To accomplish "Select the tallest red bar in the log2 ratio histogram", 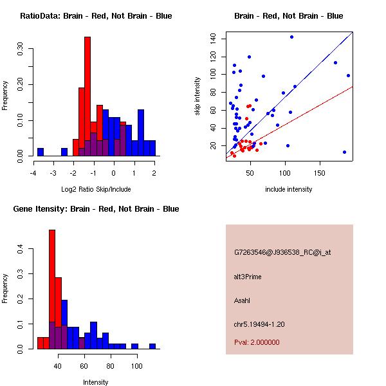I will click(x=87, y=96).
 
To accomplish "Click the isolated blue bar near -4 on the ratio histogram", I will click(x=41, y=152).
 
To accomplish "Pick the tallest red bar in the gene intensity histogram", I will click(x=52, y=289).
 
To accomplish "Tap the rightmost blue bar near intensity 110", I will click(x=152, y=346).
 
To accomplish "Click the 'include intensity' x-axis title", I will click(x=289, y=190).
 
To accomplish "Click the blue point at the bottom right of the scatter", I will click(x=345, y=152).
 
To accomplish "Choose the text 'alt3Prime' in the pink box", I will click(x=248, y=277).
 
